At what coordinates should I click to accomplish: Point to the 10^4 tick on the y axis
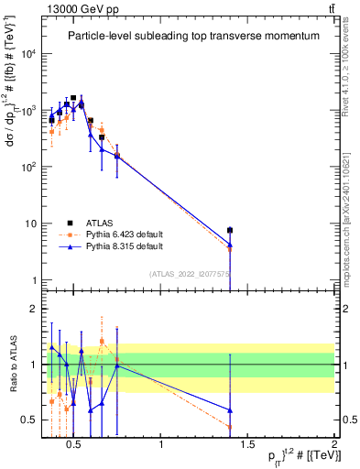point(29,53)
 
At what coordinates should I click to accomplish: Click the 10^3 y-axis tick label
point(29,110)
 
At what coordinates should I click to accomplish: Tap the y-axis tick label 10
point(31,224)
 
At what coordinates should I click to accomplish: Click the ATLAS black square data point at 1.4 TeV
point(230,230)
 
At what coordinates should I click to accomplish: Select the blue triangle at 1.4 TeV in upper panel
point(230,244)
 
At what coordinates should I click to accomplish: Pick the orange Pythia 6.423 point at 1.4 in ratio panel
point(230,427)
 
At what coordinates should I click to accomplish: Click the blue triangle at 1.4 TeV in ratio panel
point(230,410)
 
